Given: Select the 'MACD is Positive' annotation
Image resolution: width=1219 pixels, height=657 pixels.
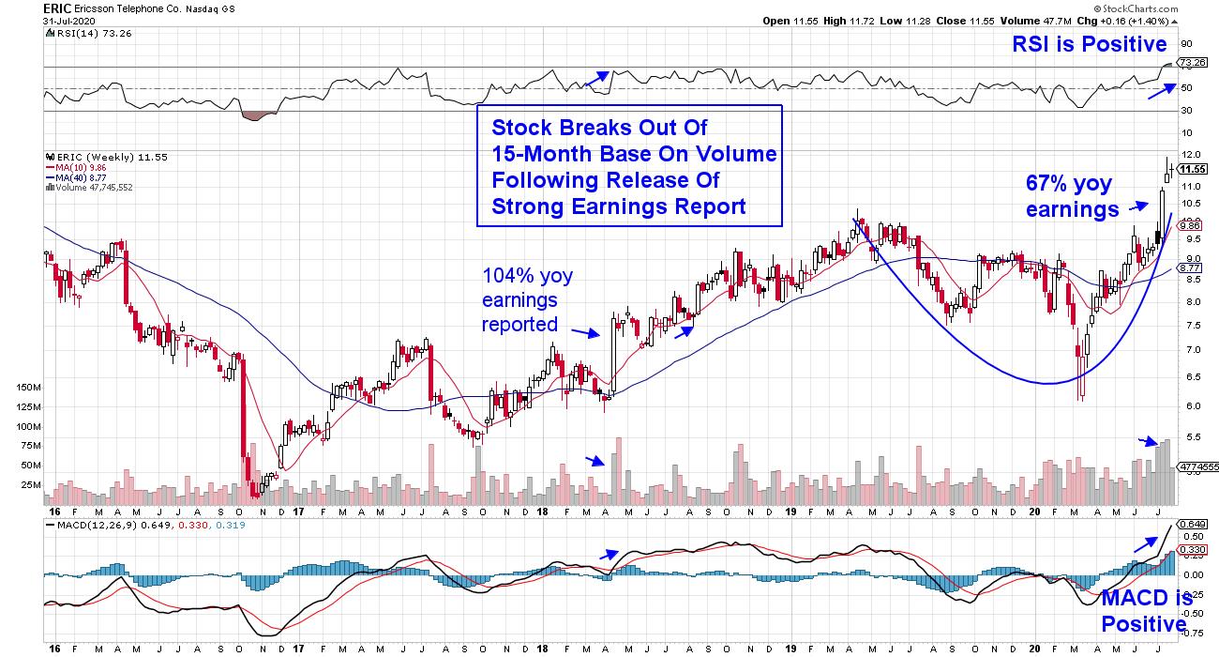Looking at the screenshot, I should pyautogui.click(x=1146, y=611).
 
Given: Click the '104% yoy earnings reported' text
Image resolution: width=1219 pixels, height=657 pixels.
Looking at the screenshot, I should pyautogui.click(x=527, y=299).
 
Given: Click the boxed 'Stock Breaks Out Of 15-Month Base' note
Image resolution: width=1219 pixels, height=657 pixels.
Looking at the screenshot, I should pyautogui.click(x=628, y=166).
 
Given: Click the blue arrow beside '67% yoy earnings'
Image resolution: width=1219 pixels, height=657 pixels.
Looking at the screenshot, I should pyautogui.click(x=1137, y=204).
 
